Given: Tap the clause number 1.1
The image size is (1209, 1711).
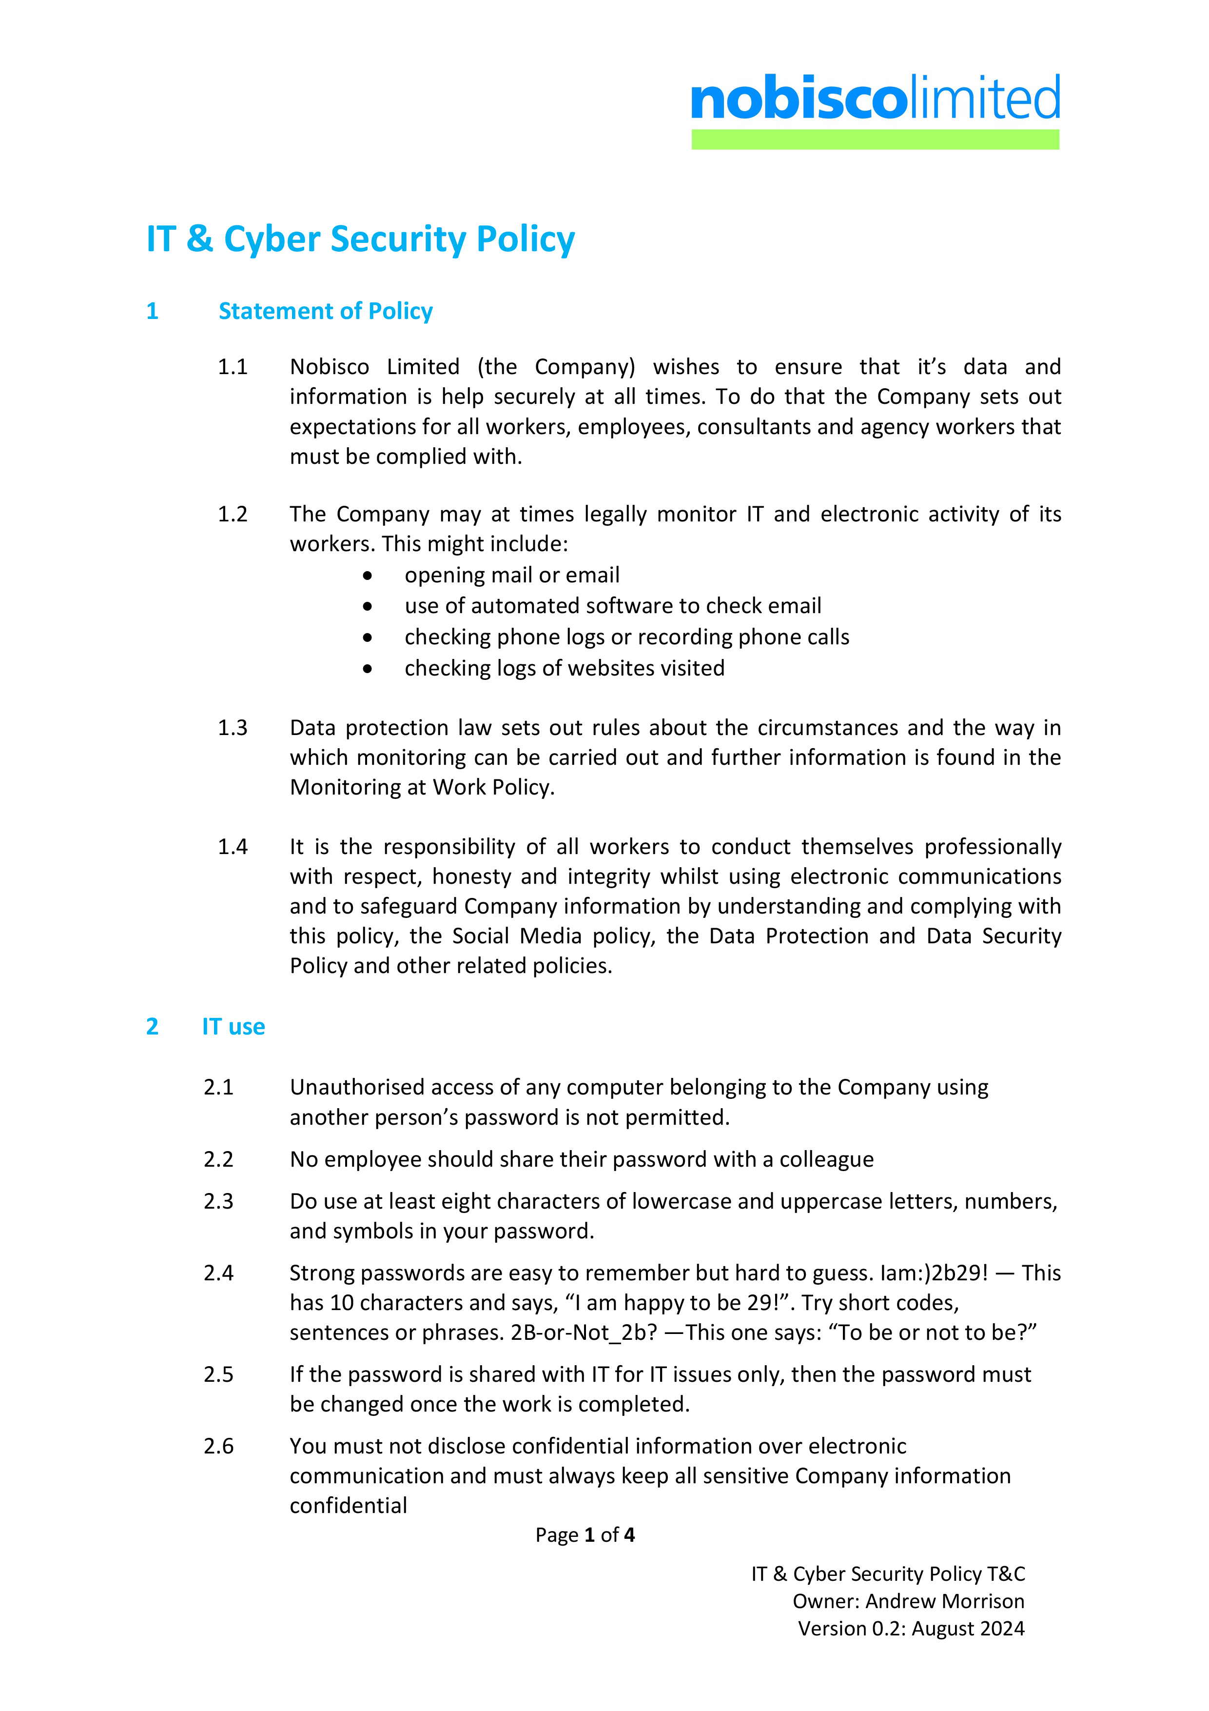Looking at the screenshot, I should pos(233,367).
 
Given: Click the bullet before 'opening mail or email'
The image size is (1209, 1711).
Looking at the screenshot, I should pos(367,576).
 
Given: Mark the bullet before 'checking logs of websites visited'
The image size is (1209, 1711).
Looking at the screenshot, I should pos(367,669).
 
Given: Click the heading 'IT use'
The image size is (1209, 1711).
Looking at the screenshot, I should pos(233,1026).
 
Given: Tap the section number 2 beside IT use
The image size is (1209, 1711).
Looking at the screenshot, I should pos(152,1026).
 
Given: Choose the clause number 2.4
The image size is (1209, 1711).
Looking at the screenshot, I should pos(218,1273).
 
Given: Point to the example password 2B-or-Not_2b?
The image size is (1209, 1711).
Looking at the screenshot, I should pos(583,1333).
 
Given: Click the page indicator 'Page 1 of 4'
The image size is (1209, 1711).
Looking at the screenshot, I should pos(585,1534).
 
